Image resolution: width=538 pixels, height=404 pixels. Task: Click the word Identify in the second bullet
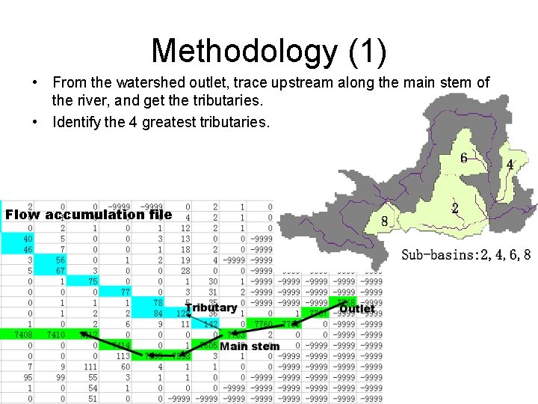pyautogui.click(x=77, y=121)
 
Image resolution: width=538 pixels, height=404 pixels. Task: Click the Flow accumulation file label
pyautogui.click(x=88, y=215)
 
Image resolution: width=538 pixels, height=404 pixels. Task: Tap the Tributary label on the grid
pyautogui.click(x=211, y=307)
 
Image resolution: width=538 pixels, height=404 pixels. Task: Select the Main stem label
pyautogui.click(x=250, y=346)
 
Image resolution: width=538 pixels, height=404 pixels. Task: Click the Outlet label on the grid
pyautogui.click(x=357, y=308)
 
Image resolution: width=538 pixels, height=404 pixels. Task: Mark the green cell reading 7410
pyautogui.click(x=56, y=335)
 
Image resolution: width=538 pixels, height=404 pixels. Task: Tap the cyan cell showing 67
pyautogui.click(x=61, y=271)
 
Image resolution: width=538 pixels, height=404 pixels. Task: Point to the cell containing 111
pyautogui.click(x=90, y=367)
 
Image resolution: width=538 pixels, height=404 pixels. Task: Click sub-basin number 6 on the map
pyautogui.click(x=464, y=158)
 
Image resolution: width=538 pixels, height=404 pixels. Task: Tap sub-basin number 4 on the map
pyautogui.click(x=510, y=164)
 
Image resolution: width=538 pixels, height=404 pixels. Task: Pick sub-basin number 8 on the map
pyautogui.click(x=384, y=221)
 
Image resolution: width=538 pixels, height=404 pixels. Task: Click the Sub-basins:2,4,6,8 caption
pyautogui.click(x=466, y=255)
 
